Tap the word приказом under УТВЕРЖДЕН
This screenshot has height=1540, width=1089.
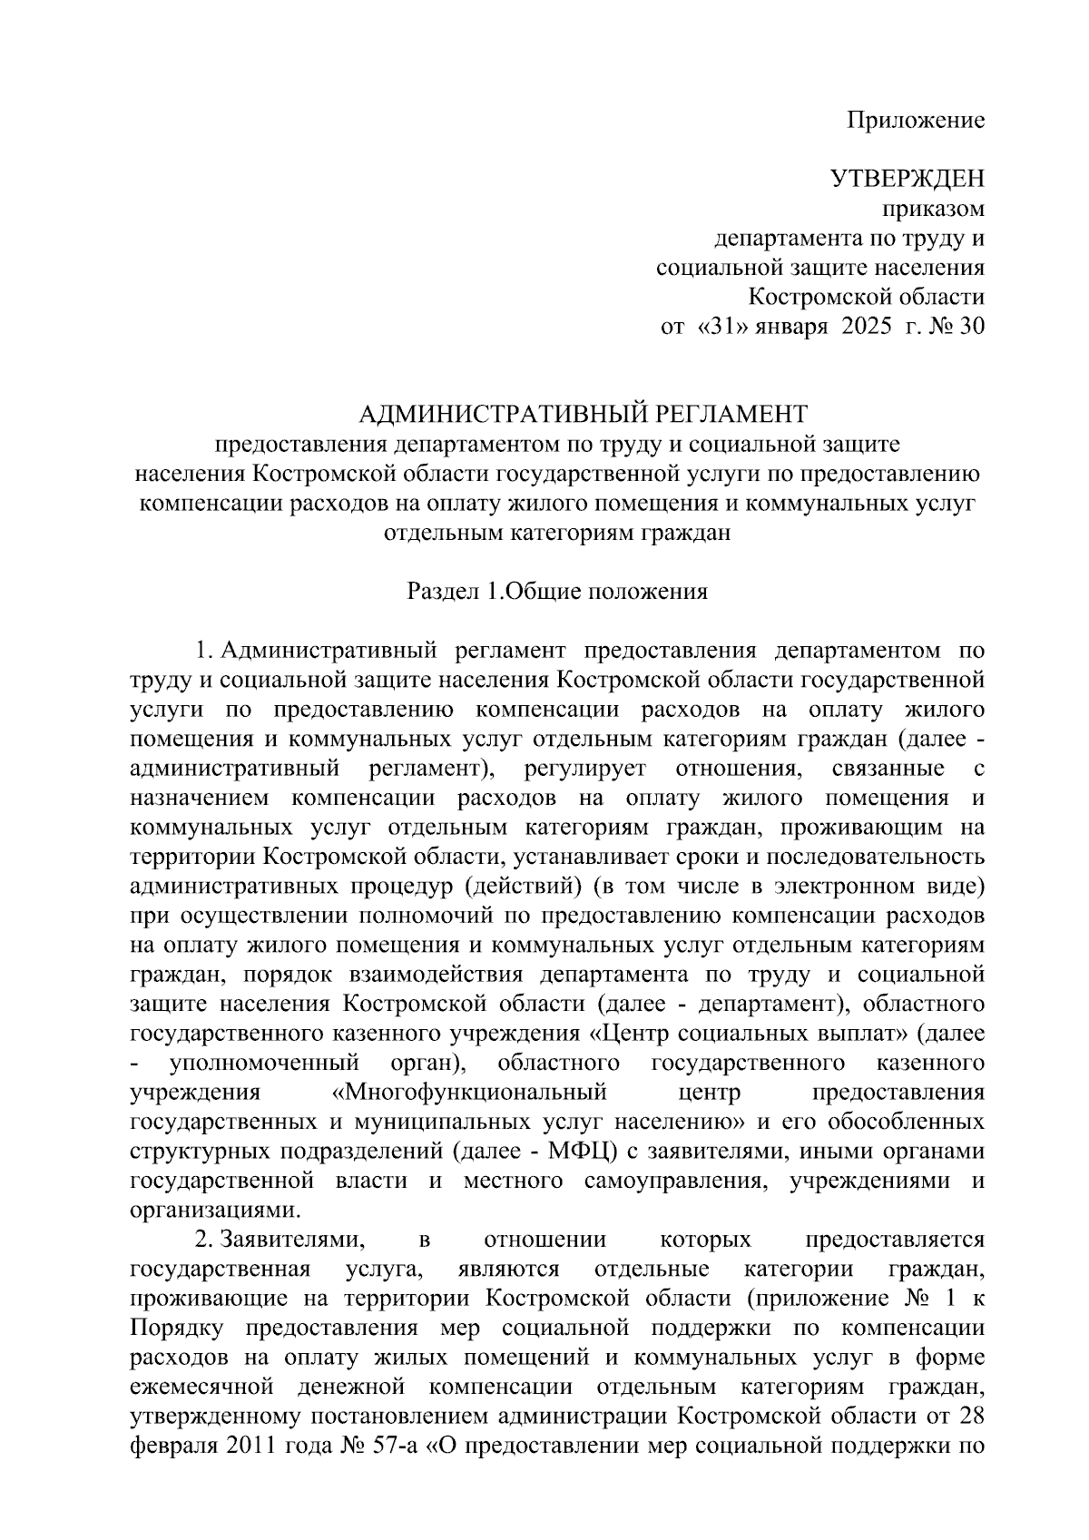[x=935, y=209]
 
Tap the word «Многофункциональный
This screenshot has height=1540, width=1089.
[x=470, y=1092]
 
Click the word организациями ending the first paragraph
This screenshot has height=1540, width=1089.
[x=215, y=1210]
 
